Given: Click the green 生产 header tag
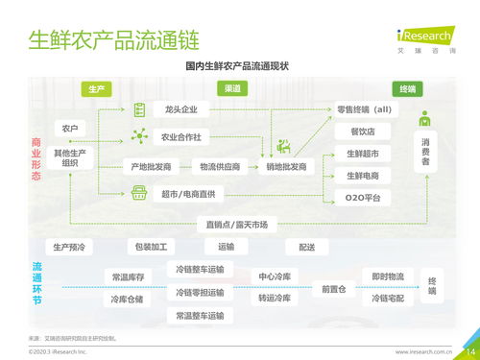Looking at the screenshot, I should coord(96,89).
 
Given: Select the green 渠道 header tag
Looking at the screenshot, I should coord(233,89).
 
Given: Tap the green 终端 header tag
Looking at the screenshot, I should coord(407,89).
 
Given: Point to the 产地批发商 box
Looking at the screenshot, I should coord(152,166).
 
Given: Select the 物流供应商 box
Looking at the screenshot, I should coord(221,166).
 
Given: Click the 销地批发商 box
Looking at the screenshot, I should coord(286,166).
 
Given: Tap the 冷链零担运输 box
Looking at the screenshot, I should coord(200,292).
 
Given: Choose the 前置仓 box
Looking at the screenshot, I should coord(334,288).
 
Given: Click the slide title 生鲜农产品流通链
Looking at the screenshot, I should coord(113,41).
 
